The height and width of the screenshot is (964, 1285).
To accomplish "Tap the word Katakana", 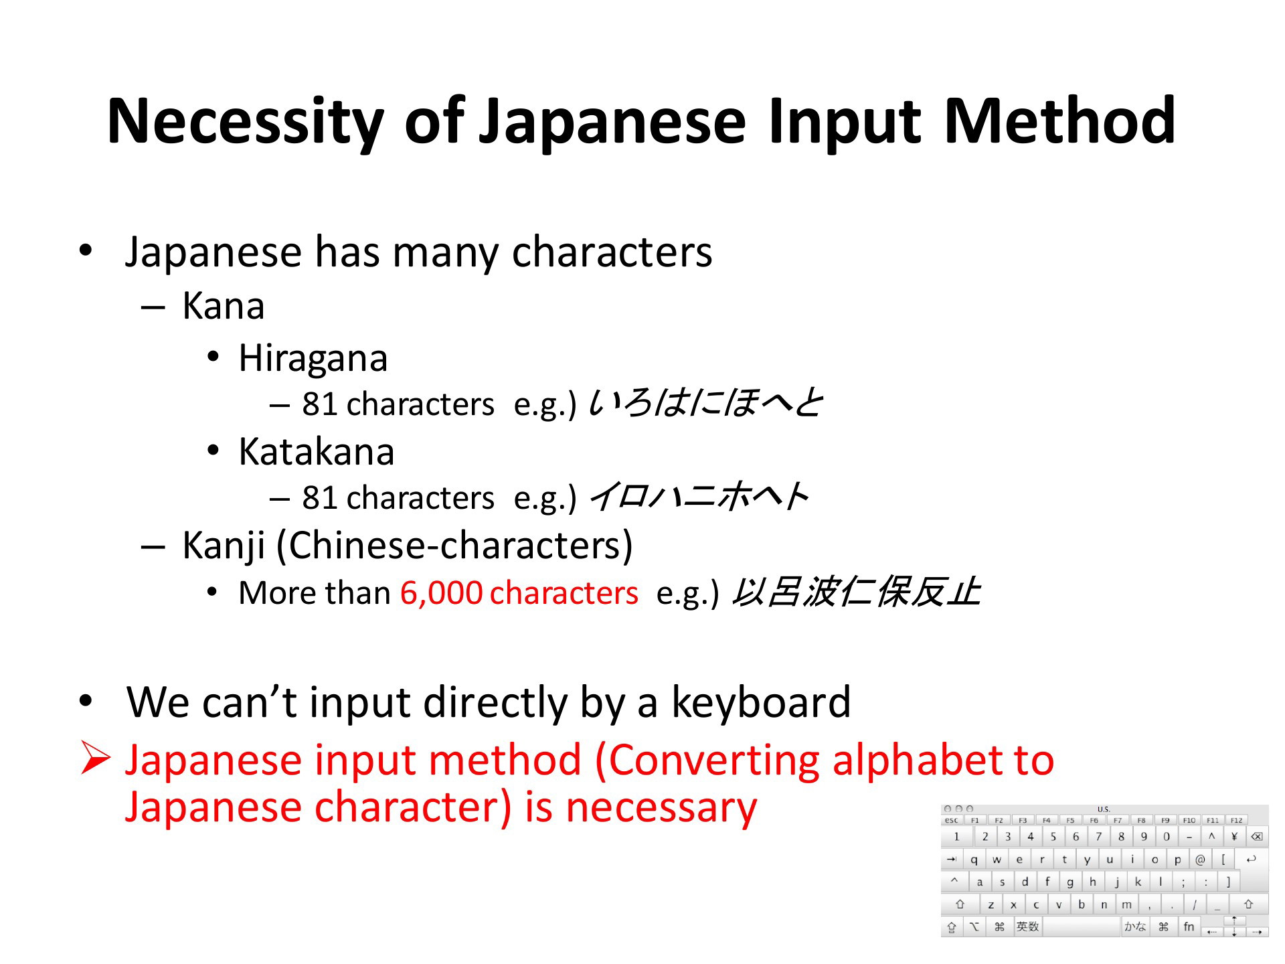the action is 317,452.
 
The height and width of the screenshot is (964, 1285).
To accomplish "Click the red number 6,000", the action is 441,593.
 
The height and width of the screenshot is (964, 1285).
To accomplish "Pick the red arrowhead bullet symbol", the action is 95,759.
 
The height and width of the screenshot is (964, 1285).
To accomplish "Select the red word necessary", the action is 661,809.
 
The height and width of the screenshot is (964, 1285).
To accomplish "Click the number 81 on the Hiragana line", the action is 319,405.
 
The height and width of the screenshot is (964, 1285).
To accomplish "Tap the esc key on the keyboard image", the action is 951,820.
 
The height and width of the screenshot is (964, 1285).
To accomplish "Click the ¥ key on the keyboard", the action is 1234,837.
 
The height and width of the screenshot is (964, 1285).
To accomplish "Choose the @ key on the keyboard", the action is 1200,860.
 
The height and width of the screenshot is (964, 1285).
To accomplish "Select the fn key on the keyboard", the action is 1189,927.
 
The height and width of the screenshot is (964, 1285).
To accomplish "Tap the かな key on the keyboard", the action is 1135,927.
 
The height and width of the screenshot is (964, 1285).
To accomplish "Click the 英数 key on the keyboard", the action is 1027,927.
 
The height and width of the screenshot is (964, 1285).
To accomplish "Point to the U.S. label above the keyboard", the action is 1104,809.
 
